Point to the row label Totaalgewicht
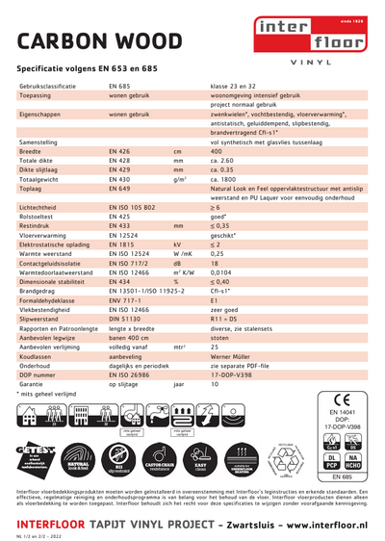[39, 180]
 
